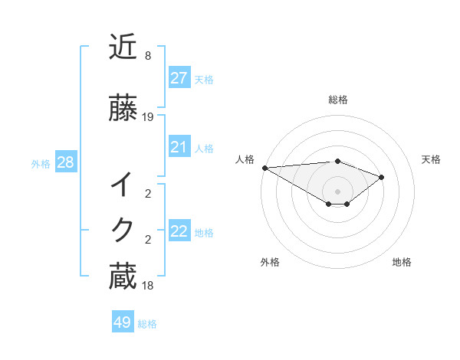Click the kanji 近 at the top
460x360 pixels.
click(x=123, y=47)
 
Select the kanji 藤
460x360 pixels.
click(x=123, y=108)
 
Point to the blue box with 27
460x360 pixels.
click(x=179, y=78)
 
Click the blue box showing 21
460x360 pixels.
click(x=179, y=147)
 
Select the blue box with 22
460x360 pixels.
click(x=179, y=231)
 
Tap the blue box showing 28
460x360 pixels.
click(x=65, y=162)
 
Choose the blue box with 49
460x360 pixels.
click(x=123, y=322)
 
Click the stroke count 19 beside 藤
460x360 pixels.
click(x=148, y=117)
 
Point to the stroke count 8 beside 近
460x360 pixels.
click(x=148, y=56)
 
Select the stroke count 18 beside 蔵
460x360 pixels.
click(x=148, y=285)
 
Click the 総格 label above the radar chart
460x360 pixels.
click(x=338, y=100)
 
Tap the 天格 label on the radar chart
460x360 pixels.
click(x=432, y=159)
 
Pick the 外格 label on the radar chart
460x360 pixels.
click(x=270, y=262)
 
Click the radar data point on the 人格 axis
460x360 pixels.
click(x=264, y=168)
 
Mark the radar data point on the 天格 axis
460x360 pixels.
click(x=382, y=177)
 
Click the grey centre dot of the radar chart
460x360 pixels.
click(x=338, y=191)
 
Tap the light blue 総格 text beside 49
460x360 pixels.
click(x=148, y=324)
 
